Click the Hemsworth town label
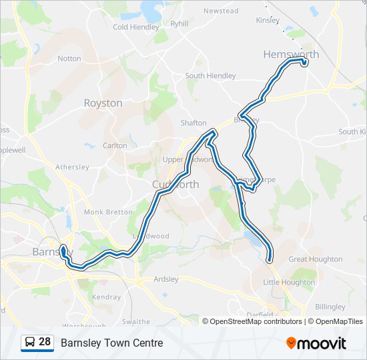coord(291,54)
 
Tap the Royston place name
coord(103,103)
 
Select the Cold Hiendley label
coord(136,27)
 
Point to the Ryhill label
coord(179,23)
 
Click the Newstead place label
coord(221,11)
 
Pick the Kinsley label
coord(268,20)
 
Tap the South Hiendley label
coord(210,76)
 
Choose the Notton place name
coord(69,59)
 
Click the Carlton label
coord(115,145)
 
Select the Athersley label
coord(72,167)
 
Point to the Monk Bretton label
coord(108,212)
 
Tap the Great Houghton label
coord(315,259)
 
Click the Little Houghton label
coord(289,283)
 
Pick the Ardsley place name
coord(166,279)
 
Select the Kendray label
coord(107,297)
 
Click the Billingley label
coord(330,307)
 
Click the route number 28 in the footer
coord(45,342)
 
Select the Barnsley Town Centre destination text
coord(111,343)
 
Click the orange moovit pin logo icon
coord(291,343)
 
